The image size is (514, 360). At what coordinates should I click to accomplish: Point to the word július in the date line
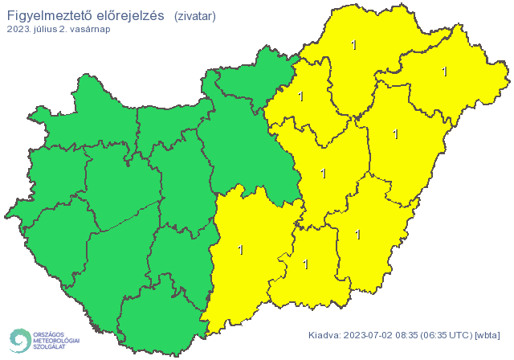[46, 29]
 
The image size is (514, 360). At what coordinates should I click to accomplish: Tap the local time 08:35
[413, 334]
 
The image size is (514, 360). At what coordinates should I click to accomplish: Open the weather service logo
[44, 341]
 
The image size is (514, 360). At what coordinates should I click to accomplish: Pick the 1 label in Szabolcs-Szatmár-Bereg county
[444, 72]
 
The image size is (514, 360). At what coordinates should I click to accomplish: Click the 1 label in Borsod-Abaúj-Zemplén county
[354, 45]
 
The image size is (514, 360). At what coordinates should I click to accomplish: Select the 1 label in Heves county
[300, 96]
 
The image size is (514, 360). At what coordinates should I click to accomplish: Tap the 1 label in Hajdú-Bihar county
[395, 134]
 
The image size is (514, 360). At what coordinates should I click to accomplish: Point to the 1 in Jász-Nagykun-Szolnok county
[324, 173]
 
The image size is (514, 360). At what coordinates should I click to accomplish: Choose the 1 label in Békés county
[357, 235]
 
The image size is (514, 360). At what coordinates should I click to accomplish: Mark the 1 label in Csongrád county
[305, 263]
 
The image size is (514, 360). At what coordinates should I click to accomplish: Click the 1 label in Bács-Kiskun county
[241, 250]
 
